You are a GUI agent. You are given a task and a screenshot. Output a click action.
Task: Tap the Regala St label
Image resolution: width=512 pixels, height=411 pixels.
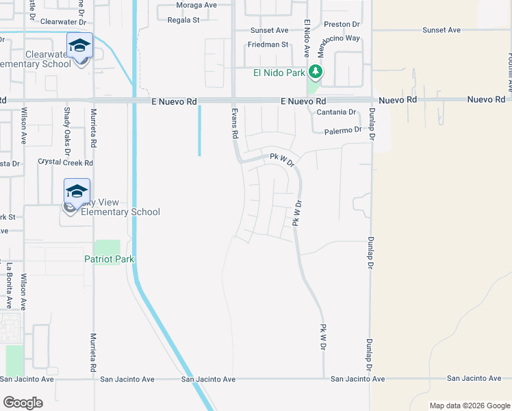coord(183,20)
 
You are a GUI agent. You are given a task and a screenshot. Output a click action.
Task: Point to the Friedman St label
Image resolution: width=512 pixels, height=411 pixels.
coord(268,45)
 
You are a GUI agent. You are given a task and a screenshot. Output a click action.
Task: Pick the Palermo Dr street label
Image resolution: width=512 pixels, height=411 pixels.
coord(343,130)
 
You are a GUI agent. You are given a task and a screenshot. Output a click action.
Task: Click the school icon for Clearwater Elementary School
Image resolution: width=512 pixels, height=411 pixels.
coord(79,46)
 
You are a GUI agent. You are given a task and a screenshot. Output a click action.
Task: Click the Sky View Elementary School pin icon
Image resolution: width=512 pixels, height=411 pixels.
coord(77,192)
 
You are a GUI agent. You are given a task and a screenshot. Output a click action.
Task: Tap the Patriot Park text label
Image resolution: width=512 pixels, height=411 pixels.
coord(110,259)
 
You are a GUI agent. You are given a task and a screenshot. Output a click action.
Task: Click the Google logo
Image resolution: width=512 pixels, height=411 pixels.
coord(23,403)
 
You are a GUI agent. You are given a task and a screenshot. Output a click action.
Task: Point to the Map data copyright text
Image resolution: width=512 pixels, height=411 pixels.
coord(469,406)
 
